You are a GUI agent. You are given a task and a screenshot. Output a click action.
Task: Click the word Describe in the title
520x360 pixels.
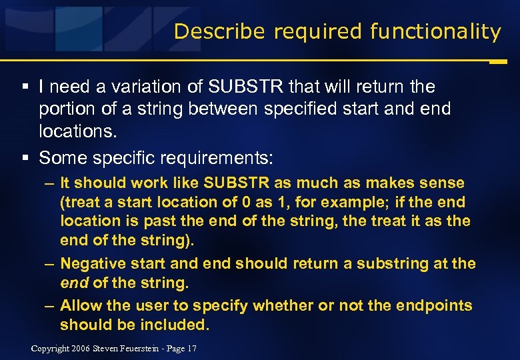click(x=211, y=31)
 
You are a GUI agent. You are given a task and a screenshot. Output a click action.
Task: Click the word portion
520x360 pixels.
click(x=66, y=107)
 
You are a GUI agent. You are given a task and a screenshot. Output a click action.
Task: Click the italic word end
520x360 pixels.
click(x=73, y=283)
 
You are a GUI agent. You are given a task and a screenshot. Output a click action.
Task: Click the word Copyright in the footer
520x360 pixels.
click(x=51, y=349)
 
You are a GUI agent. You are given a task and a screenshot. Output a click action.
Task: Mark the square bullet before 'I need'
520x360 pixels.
click(x=24, y=87)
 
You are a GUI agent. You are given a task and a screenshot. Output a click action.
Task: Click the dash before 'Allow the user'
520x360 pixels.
click(x=50, y=305)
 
